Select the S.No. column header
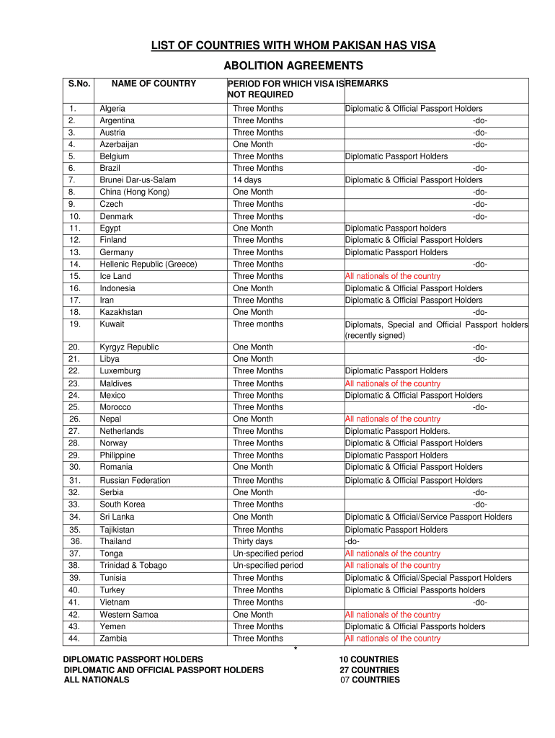[79, 84]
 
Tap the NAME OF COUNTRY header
[154, 84]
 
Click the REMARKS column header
[367, 84]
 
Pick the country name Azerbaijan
[119, 144]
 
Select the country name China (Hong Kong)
[135, 192]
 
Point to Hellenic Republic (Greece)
[148, 264]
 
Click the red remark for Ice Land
[393, 276]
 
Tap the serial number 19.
[74, 324]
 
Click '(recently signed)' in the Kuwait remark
[375, 336]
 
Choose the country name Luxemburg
[120, 371]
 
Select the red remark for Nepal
[393, 419]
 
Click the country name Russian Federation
[136, 481]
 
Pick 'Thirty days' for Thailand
[253, 541]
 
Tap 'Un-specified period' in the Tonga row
[268, 553]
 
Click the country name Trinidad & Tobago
[133, 566]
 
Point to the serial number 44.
[74, 639]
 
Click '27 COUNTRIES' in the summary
[369, 670]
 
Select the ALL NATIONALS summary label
[97, 680]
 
